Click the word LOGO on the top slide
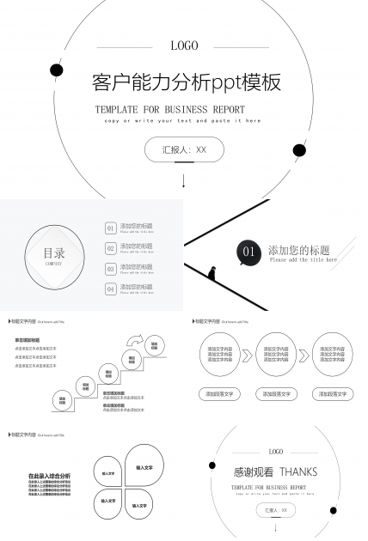(184, 46)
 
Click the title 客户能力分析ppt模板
(186, 82)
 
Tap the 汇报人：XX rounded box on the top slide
(184, 149)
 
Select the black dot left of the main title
(57, 70)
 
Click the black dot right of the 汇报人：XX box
(299, 150)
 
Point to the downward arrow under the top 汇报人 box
(184, 181)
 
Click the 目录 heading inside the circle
(54, 253)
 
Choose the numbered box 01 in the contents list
(110, 228)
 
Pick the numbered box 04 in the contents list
(110, 289)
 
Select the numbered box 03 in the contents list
(110, 269)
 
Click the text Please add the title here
(303, 260)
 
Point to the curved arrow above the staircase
(134, 341)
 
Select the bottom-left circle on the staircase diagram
(63, 400)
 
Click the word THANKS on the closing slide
(297, 471)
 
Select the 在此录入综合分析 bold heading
(49, 476)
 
